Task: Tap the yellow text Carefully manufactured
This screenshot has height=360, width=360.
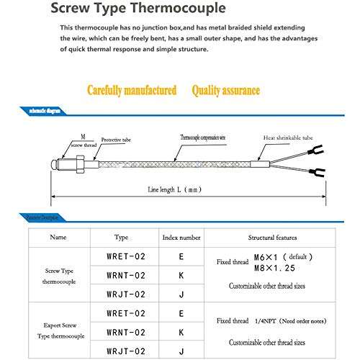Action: tap(132, 91)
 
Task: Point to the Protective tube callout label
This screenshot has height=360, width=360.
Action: tap(115, 140)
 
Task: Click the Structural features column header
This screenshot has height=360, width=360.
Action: tap(271, 236)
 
